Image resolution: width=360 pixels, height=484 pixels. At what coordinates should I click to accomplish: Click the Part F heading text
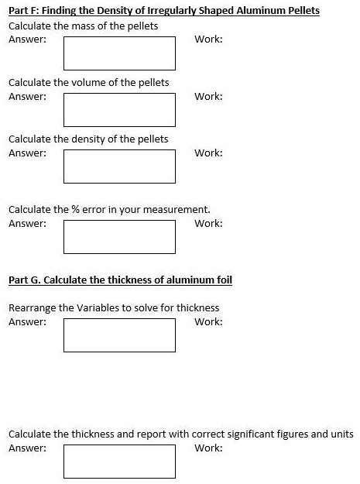(x=163, y=11)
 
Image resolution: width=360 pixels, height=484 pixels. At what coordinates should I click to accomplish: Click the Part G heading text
(x=120, y=280)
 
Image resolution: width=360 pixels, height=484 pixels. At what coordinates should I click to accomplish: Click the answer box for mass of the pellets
(x=119, y=53)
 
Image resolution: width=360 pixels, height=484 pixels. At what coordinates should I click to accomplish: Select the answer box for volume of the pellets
(x=119, y=109)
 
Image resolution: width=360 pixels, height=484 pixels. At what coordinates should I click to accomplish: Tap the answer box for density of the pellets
(x=119, y=166)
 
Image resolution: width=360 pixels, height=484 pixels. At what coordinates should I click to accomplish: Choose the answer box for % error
(x=119, y=236)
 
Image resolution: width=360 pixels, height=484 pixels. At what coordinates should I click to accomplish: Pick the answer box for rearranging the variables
(x=119, y=335)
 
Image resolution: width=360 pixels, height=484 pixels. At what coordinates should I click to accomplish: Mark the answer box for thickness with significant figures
(x=119, y=461)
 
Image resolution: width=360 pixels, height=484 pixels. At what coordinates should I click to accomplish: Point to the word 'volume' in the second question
(x=88, y=83)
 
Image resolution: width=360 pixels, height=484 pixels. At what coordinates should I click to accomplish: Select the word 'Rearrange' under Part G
(x=32, y=308)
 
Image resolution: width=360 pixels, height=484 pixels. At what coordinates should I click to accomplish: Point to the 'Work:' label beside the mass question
(x=208, y=39)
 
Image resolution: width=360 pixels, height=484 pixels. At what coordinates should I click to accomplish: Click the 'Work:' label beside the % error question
(x=208, y=224)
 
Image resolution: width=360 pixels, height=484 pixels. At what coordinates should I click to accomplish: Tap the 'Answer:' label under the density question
(x=27, y=153)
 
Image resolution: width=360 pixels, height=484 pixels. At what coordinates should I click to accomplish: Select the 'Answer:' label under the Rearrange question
(x=27, y=322)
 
